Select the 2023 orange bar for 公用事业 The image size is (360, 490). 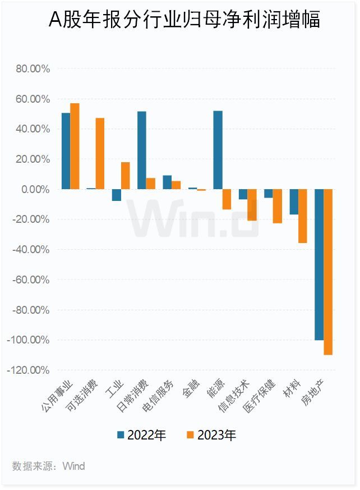[x=75, y=146]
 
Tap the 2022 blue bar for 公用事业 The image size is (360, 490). [x=66, y=151]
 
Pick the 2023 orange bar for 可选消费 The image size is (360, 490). [x=100, y=153]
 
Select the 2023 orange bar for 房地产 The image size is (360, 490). [x=328, y=272]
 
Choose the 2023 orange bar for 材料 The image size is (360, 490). [x=303, y=216]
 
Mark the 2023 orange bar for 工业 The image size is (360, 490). [x=126, y=176]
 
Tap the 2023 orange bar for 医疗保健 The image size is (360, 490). [x=277, y=206]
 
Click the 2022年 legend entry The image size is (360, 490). [x=141, y=435]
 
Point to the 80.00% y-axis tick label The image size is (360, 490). [x=34, y=69]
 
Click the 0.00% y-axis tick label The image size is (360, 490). [x=36, y=189]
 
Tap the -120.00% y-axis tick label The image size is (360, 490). [x=29, y=370]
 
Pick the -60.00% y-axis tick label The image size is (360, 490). [x=31, y=280]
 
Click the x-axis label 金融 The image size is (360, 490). [x=189, y=391]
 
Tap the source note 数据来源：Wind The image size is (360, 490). [x=49, y=466]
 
